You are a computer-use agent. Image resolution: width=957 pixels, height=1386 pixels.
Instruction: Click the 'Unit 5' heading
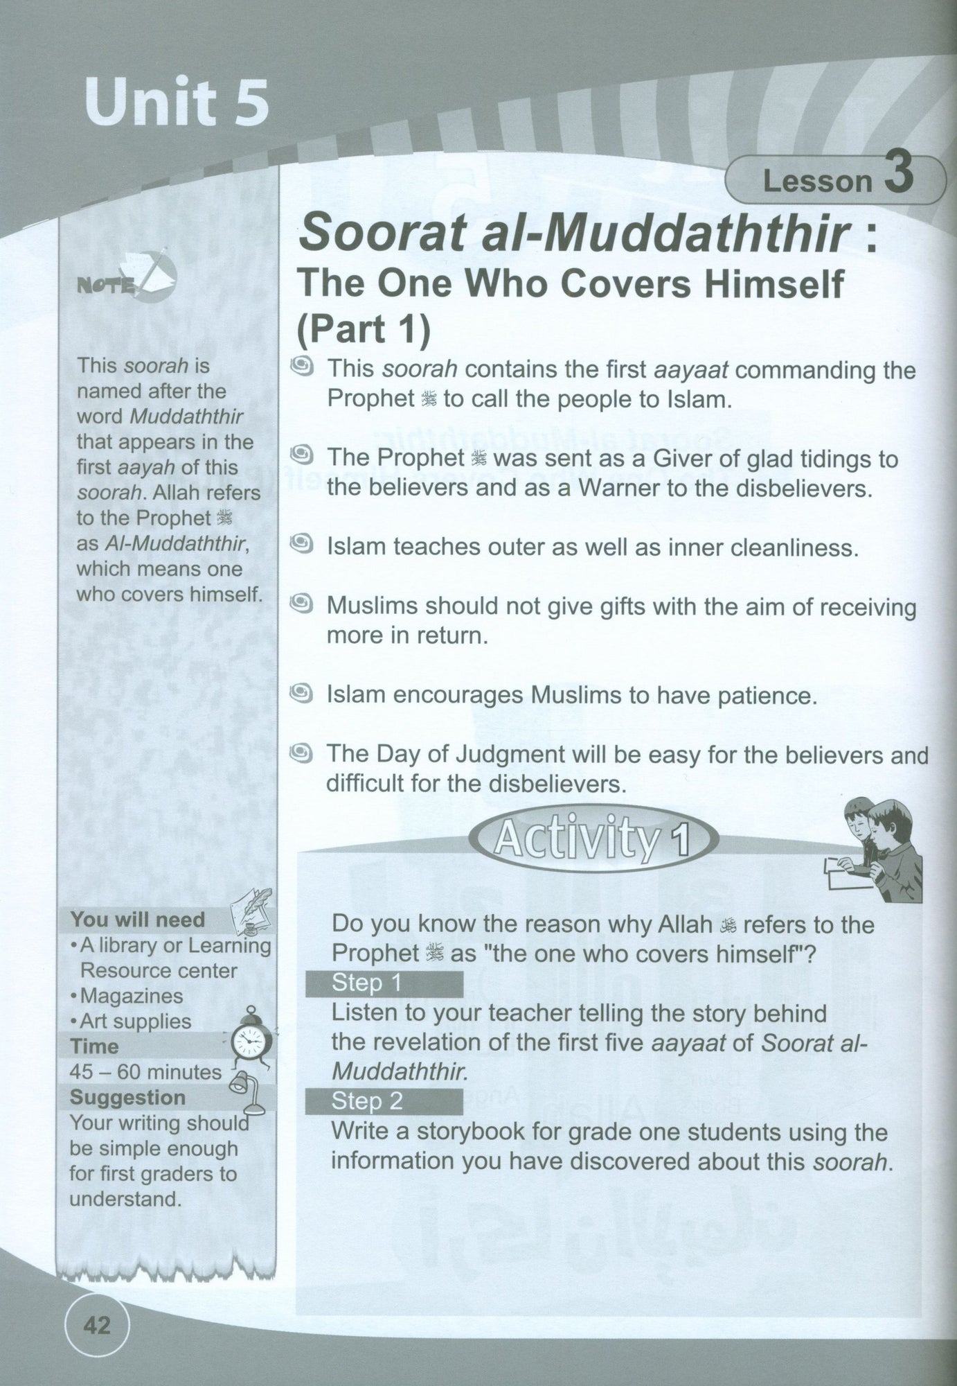coord(177,102)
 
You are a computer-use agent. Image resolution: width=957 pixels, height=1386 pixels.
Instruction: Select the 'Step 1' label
coord(357,983)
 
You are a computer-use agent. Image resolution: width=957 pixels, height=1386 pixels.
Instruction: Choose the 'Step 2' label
coord(357,1102)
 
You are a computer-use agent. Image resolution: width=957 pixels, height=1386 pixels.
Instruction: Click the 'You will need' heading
coord(138,920)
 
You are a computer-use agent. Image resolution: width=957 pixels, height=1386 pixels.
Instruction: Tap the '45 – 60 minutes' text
coord(145,1072)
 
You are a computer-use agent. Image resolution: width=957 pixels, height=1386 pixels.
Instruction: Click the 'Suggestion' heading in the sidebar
coord(128,1097)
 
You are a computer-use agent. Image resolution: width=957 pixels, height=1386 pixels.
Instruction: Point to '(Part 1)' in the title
coord(363,329)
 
